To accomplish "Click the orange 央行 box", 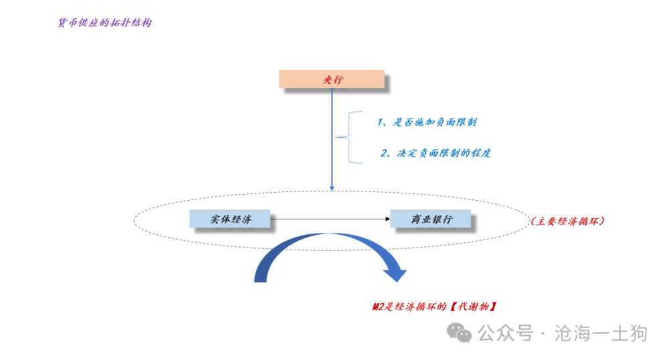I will [x=332, y=79].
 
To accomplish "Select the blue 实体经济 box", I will [x=229, y=219].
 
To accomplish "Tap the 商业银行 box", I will [x=430, y=219].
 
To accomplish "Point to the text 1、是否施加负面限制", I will [x=427, y=122].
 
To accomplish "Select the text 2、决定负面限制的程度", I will [x=436, y=153].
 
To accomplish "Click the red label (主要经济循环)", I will [x=568, y=220].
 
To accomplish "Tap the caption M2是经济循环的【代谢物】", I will [x=435, y=306].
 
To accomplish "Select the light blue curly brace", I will [x=349, y=137].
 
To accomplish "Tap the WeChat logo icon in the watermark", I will [x=460, y=332].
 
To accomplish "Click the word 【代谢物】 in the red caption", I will [x=473, y=306].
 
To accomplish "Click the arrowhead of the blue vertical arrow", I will [x=332, y=188].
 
